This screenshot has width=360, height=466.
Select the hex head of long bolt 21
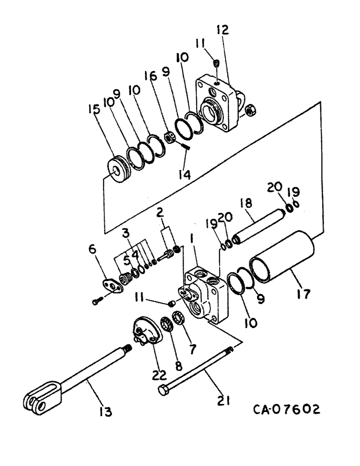[x=163, y=390]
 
